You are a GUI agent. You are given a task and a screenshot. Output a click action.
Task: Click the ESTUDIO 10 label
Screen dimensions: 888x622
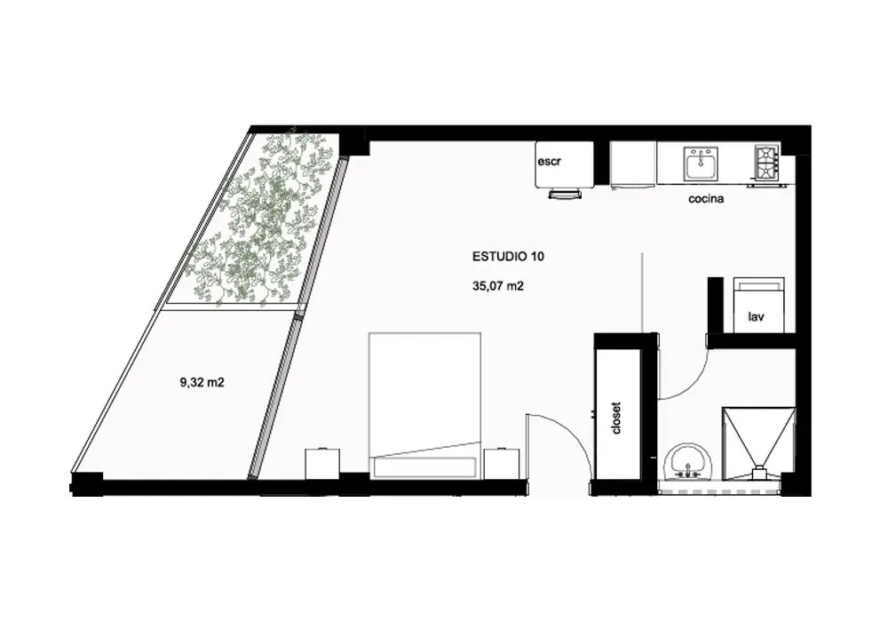(x=508, y=257)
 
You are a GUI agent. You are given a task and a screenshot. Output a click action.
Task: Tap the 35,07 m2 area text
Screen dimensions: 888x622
(x=498, y=287)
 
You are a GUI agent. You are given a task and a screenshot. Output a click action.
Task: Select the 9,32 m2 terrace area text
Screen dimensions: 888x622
(x=202, y=383)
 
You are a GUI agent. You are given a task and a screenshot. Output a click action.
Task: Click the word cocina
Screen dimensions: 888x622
(x=706, y=199)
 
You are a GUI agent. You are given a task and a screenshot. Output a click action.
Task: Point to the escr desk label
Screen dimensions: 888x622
(x=550, y=162)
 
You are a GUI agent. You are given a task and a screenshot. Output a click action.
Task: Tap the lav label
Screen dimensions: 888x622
(x=756, y=316)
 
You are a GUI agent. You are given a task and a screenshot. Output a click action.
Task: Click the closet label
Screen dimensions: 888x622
(x=617, y=418)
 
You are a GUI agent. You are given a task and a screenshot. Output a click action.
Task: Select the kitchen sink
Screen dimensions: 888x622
(x=701, y=163)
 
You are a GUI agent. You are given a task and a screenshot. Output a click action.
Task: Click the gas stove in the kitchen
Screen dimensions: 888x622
(x=766, y=161)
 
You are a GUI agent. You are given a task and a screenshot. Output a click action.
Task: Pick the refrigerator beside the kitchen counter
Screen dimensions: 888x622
(x=633, y=163)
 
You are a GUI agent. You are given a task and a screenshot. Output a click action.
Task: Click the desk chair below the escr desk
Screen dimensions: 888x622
(x=565, y=194)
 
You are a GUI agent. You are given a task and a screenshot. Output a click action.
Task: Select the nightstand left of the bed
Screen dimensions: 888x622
(x=323, y=465)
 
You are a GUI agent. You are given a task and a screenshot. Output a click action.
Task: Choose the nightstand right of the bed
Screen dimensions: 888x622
(x=502, y=465)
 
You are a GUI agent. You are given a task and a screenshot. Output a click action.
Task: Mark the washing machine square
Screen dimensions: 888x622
(x=759, y=305)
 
